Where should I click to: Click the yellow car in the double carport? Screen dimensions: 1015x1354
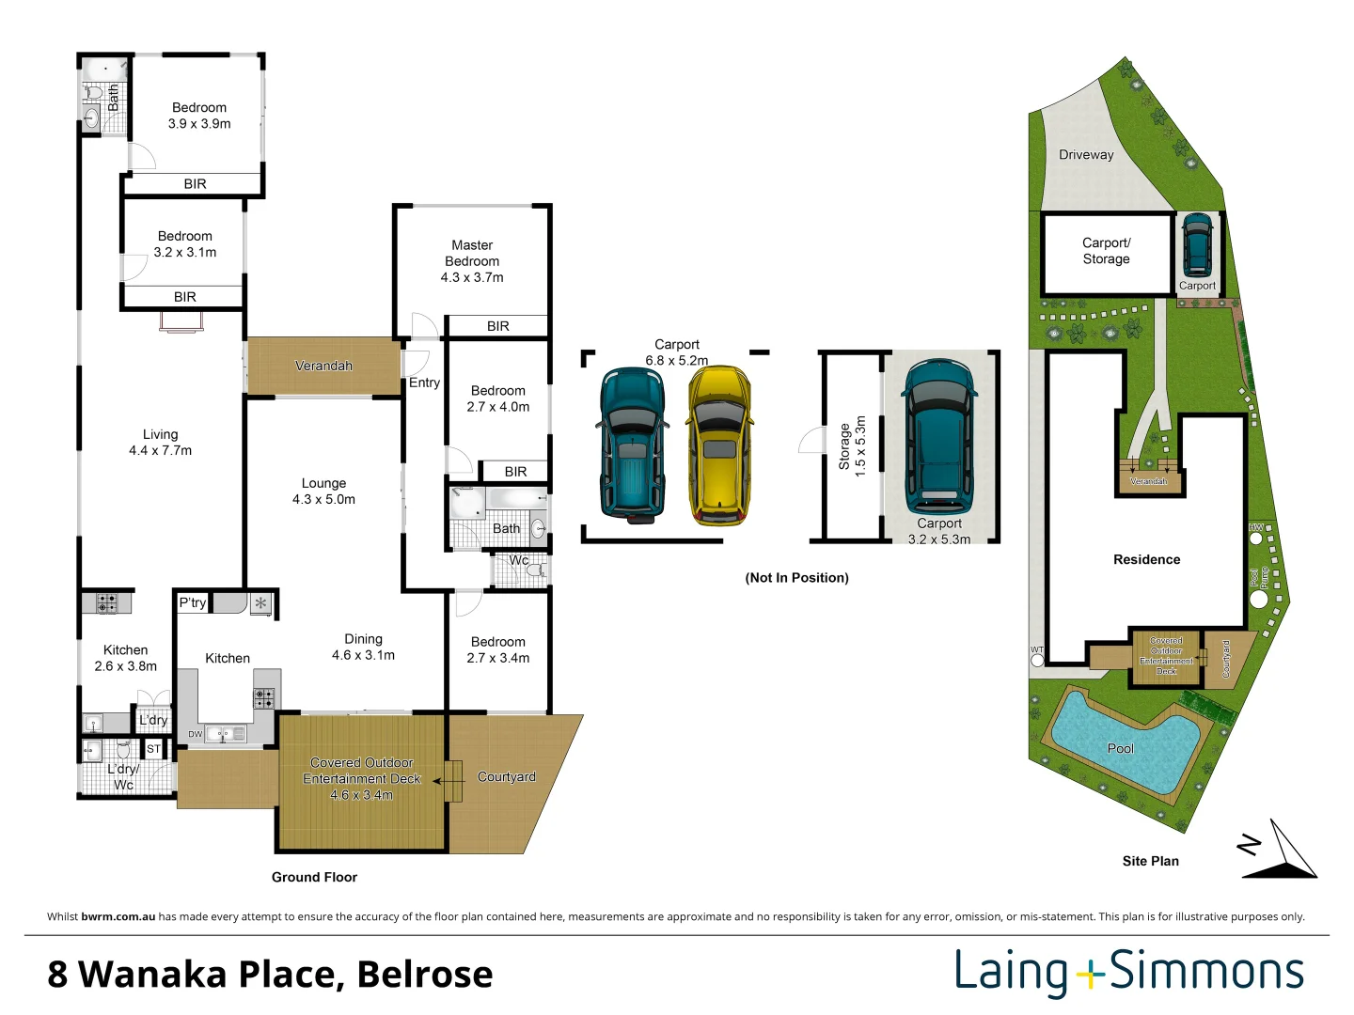pos(719,445)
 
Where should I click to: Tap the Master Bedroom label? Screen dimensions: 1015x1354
pos(472,260)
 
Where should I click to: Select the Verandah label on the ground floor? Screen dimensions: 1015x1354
pos(323,366)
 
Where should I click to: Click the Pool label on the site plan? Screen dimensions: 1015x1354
pos(1120,748)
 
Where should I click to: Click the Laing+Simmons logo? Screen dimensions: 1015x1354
pos(1129,973)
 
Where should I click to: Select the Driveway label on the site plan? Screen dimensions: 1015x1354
pos(1086,155)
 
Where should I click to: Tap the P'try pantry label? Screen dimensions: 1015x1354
pos(193,602)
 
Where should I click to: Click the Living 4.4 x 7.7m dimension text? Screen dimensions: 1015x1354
pos(160,451)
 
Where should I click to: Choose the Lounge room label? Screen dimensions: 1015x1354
pos(323,483)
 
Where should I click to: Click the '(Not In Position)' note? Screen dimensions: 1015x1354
pos(796,578)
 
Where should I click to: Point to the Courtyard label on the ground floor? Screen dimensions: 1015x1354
pos(506,776)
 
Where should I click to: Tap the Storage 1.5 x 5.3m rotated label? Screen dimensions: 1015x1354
pos(852,446)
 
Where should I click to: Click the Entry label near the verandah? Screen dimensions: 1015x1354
pos(424,383)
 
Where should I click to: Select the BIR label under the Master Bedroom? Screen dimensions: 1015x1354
pos(497,326)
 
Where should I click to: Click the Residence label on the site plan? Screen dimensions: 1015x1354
pos(1146,559)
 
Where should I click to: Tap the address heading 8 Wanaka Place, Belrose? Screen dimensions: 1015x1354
pos(270,975)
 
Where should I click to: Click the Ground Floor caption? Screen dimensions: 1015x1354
pos(314,877)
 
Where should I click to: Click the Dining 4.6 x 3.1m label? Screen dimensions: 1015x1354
pos(363,647)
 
